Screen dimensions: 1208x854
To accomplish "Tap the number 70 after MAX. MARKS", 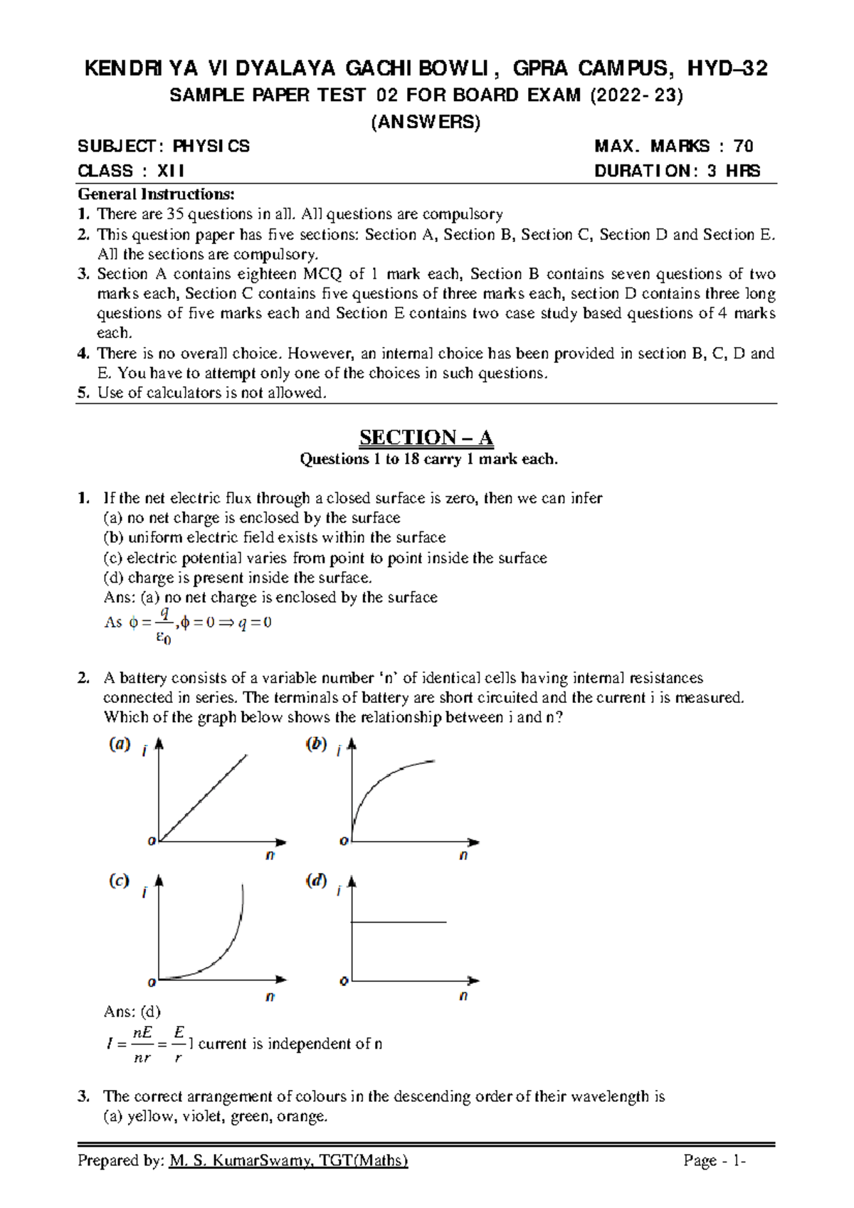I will [x=744, y=147].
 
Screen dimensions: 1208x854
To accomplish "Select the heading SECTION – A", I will [x=426, y=437].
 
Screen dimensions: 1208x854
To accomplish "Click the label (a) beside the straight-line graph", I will [x=119, y=744].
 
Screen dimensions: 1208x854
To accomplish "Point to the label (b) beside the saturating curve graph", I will [x=316, y=744].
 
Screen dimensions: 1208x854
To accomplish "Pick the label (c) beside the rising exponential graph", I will [x=119, y=881].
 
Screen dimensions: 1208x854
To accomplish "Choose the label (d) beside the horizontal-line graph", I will [x=316, y=881].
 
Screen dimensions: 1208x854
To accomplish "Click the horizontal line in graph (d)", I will [x=399, y=923].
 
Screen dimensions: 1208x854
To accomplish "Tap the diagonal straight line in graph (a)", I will [x=203, y=798].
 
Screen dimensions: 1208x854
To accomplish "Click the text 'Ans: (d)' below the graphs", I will [x=132, y=1011].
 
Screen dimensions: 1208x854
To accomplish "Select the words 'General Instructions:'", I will [x=156, y=194].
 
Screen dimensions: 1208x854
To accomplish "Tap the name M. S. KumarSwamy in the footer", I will [x=242, y=1161].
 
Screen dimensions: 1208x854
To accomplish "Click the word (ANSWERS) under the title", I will [x=426, y=122].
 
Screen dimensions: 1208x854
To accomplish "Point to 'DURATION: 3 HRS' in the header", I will [x=677, y=171].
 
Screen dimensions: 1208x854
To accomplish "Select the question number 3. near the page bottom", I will [x=84, y=1096].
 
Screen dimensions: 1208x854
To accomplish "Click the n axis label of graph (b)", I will [x=463, y=855].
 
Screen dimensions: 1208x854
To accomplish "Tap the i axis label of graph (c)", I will [x=144, y=892].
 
